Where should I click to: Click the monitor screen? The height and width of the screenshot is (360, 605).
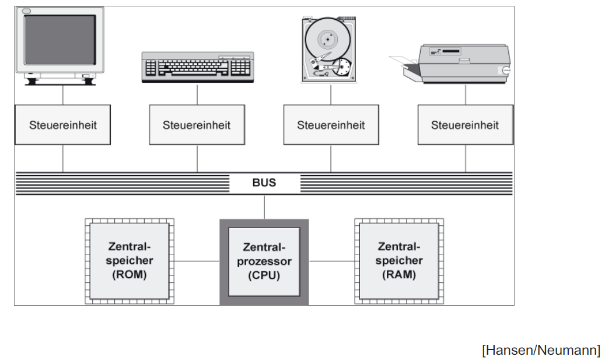click(60, 40)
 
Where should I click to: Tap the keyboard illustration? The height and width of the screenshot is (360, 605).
click(198, 67)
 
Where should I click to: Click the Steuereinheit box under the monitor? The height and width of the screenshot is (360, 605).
click(63, 125)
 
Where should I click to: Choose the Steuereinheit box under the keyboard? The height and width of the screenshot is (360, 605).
click(197, 125)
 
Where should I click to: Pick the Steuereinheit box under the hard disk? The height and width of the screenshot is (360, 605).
click(331, 125)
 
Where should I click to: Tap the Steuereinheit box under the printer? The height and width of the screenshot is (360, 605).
click(465, 125)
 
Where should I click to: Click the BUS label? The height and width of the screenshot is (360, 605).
click(264, 183)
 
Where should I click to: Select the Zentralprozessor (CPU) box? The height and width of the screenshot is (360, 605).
click(264, 261)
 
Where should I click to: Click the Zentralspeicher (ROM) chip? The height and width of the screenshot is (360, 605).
click(130, 261)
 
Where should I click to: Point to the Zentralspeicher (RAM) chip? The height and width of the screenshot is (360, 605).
click(399, 261)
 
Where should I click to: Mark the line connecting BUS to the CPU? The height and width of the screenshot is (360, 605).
click(264, 207)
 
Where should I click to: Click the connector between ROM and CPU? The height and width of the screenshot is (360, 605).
click(197, 261)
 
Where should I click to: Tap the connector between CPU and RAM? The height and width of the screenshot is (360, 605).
click(331, 261)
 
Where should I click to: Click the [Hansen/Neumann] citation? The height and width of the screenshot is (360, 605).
click(541, 350)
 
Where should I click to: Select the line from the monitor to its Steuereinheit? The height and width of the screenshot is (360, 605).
click(62, 95)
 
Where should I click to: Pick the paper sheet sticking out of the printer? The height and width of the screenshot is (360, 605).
click(403, 61)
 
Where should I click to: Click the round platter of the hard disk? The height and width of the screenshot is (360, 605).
click(327, 40)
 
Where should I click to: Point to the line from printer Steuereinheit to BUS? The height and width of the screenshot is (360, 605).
click(466, 158)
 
